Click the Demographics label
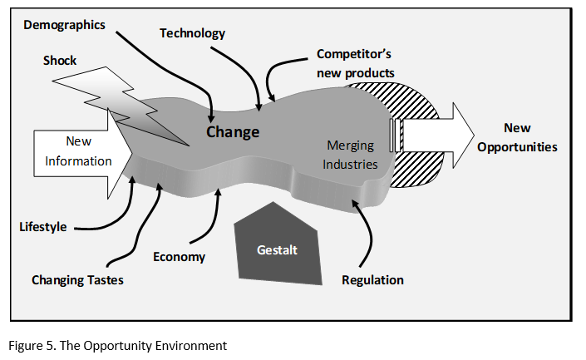coord(64,25)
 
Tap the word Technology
coord(192,33)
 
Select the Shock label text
coord(59,60)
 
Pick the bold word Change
coord(233,131)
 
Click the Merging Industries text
coord(350,155)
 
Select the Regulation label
coord(372,279)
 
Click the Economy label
coord(179,256)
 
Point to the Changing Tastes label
coord(77,279)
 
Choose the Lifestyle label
coord(43,226)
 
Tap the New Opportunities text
coord(517,137)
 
